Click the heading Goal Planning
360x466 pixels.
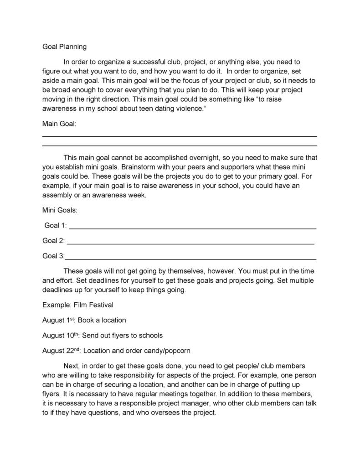(x=64, y=47)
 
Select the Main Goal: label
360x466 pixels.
(x=59, y=124)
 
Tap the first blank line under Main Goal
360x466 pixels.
(x=180, y=136)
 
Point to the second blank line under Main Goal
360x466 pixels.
(x=180, y=146)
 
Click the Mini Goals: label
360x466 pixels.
(x=60, y=210)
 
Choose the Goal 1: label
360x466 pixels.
(x=55, y=225)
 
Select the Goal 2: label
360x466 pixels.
(x=53, y=240)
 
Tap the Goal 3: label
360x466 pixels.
(x=53, y=256)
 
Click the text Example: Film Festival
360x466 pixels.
(x=78, y=305)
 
